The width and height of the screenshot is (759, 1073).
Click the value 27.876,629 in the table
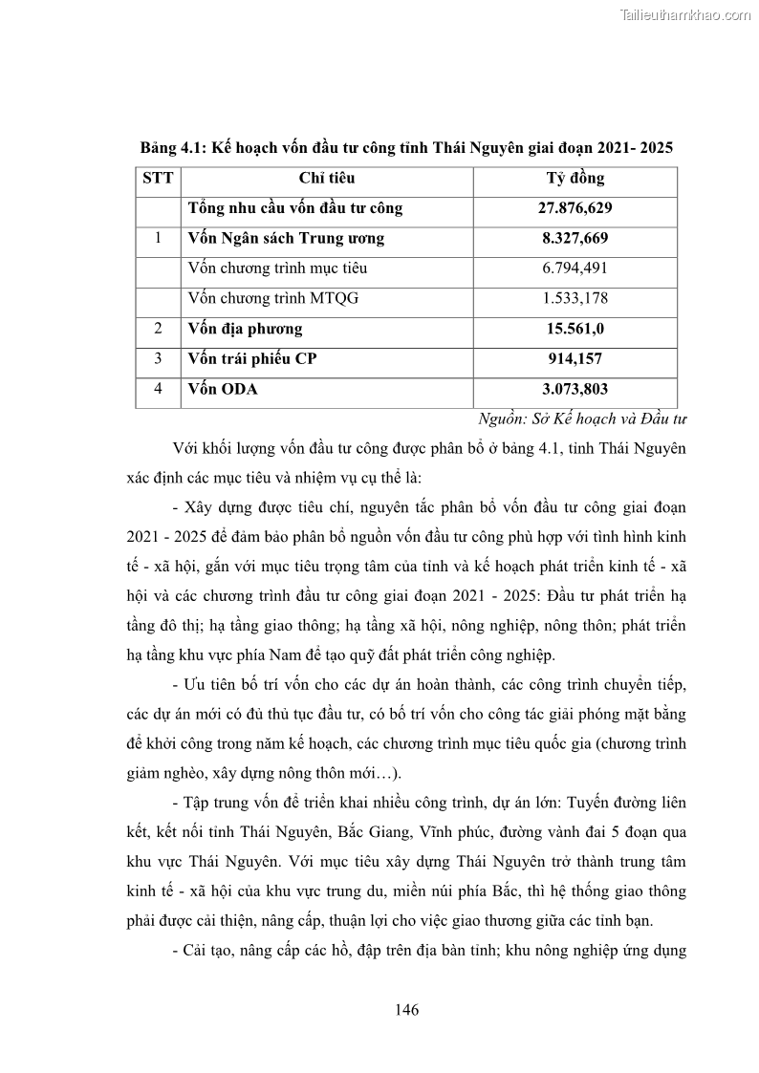tap(575, 208)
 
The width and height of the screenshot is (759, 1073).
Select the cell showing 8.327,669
tap(575, 239)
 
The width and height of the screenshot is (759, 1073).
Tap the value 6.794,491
tap(575, 268)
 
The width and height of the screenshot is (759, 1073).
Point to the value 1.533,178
tap(575, 298)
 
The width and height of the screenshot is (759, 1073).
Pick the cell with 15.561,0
tap(575, 329)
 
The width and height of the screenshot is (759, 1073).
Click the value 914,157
tap(575, 359)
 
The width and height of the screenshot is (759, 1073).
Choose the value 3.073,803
tap(575, 390)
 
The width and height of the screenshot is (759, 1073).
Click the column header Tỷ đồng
tap(575, 179)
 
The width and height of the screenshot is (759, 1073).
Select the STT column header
tap(158, 179)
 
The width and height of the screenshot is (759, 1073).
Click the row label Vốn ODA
tap(223, 390)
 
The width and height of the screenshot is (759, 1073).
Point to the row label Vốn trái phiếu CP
tap(253, 359)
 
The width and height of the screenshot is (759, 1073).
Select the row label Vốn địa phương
tap(246, 329)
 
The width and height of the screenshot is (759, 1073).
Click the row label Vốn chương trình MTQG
tap(273, 298)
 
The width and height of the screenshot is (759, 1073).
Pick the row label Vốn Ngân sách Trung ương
tap(286, 239)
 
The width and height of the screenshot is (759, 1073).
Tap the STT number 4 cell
tap(158, 390)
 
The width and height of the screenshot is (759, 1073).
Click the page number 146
tap(406, 1010)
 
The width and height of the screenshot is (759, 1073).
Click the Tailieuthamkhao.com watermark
tap(685, 14)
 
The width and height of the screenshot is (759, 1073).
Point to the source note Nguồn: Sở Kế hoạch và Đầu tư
tap(583, 418)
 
